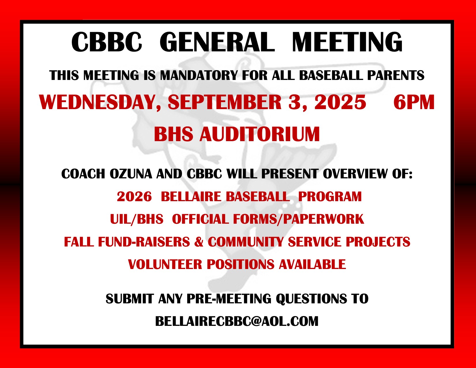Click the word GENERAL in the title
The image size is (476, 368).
(x=217, y=42)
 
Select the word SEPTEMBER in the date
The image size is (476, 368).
(x=225, y=102)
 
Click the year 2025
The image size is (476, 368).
(x=340, y=102)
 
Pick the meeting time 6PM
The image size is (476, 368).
(x=414, y=102)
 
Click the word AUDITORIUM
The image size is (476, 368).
(x=259, y=134)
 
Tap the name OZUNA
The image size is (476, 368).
(x=131, y=174)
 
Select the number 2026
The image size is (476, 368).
(x=134, y=196)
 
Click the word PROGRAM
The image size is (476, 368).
(x=330, y=196)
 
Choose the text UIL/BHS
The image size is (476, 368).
(x=137, y=219)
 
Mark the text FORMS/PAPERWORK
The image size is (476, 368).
(x=298, y=219)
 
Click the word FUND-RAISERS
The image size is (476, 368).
(x=144, y=242)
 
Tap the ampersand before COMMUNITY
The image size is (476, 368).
(x=199, y=242)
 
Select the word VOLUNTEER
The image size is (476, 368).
(x=165, y=264)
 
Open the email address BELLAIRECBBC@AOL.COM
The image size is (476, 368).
(x=237, y=322)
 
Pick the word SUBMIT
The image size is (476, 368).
(x=130, y=299)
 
